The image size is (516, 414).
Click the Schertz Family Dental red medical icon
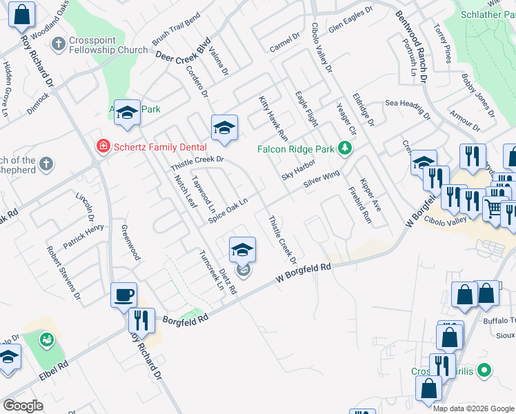tap(103, 146)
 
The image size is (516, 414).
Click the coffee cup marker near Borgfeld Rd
tap(124, 295)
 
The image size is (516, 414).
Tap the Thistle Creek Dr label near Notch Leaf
tap(198, 159)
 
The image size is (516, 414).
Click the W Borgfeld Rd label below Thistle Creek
tap(303, 271)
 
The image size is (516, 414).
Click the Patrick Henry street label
tap(83, 227)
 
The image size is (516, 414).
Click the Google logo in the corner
tap(23, 406)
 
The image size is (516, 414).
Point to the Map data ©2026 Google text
tap(473, 408)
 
